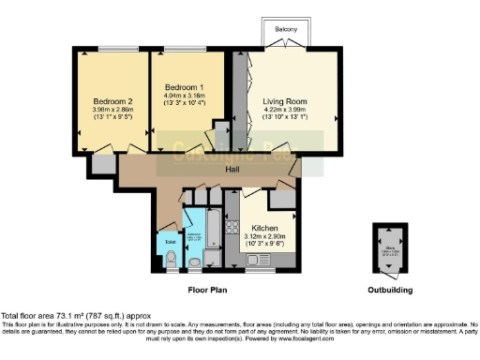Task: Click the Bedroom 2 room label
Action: pos(112,101)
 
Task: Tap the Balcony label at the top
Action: pos(287,31)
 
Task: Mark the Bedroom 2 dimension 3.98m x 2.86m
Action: pos(112,112)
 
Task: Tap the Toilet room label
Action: pos(170,242)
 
